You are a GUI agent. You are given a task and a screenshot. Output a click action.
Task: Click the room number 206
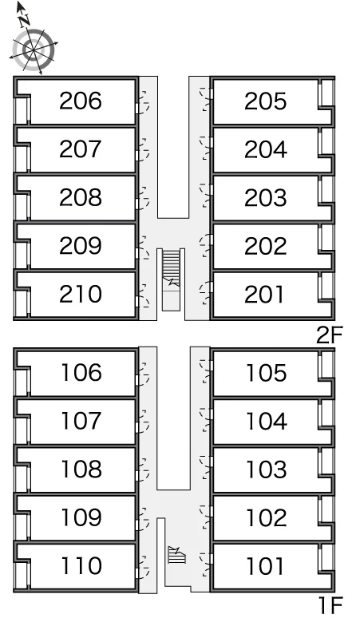81,101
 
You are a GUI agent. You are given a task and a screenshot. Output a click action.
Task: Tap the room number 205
265,101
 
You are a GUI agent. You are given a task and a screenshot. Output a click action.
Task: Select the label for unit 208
81,197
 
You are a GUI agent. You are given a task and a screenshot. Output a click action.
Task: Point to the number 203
265,197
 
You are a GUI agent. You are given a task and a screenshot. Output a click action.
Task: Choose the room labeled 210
81,294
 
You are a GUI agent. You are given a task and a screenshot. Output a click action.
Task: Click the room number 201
264,294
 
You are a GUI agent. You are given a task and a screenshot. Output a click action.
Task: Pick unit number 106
81,372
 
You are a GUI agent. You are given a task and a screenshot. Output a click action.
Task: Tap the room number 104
267,421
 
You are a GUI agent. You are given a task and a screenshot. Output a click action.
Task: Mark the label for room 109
81,517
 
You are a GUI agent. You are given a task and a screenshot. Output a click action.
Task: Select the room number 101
265,565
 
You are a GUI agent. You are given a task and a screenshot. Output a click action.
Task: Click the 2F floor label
330,335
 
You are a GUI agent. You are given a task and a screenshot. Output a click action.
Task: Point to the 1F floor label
330,606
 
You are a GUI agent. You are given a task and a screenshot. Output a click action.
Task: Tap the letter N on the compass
25,20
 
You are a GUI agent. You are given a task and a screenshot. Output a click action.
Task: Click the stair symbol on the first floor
176,555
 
